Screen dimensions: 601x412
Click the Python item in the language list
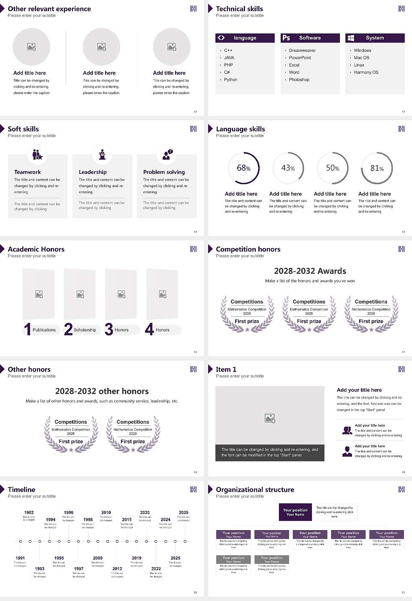(x=230, y=80)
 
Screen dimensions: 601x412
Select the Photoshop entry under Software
(x=299, y=80)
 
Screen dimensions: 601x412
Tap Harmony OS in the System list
(x=366, y=73)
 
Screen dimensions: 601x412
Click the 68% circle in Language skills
(x=244, y=168)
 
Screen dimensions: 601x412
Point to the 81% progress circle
(x=377, y=168)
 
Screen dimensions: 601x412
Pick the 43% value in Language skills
(x=288, y=168)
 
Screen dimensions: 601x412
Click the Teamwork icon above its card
(x=37, y=154)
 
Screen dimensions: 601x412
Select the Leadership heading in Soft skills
(x=93, y=172)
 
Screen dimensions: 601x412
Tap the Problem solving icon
(x=167, y=155)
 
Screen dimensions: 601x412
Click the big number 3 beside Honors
(x=109, y=329)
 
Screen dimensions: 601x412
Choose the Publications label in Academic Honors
(x=44, y=330)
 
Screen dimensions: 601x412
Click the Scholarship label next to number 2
(x=85, y=330)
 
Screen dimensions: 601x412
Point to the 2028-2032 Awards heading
(x=310, y=271)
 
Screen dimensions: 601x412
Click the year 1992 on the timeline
(x=29, y=513)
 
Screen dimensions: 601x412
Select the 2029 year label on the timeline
(x=184, y=513)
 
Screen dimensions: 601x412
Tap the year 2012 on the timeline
(x=117, y=569)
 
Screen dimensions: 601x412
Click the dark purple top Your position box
(x=295, y=512)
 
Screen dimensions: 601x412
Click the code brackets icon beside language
(x=221, y=38)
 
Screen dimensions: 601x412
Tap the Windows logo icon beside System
(x=351, y=38)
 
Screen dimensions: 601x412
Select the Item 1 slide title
(x=226, y=370)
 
